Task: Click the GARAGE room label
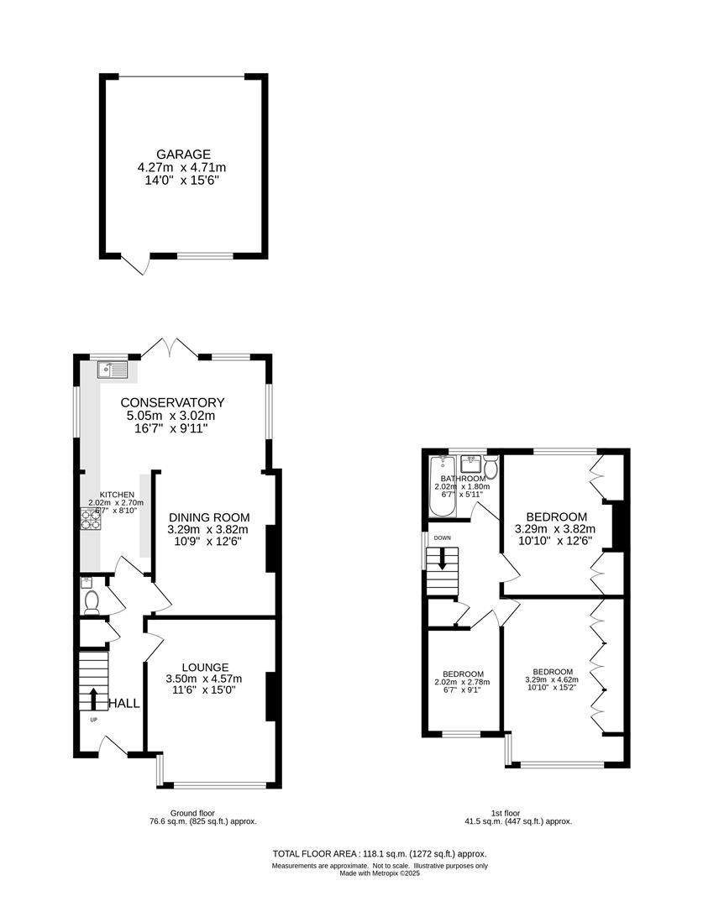click(x=182, y=155)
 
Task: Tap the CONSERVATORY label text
click(x=172, y=402)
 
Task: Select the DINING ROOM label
click(x=209, y=517)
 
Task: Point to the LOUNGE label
click(x=205, y=667)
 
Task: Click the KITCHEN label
click(x=118, y=495)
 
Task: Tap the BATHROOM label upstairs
click(x=459, y=479)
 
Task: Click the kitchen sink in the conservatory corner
click(x=111, y=369)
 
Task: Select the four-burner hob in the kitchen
click(x=92, y=520)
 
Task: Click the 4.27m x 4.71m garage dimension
click(x=182, y=168)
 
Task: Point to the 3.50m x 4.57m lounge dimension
click(x=205, y=679)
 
